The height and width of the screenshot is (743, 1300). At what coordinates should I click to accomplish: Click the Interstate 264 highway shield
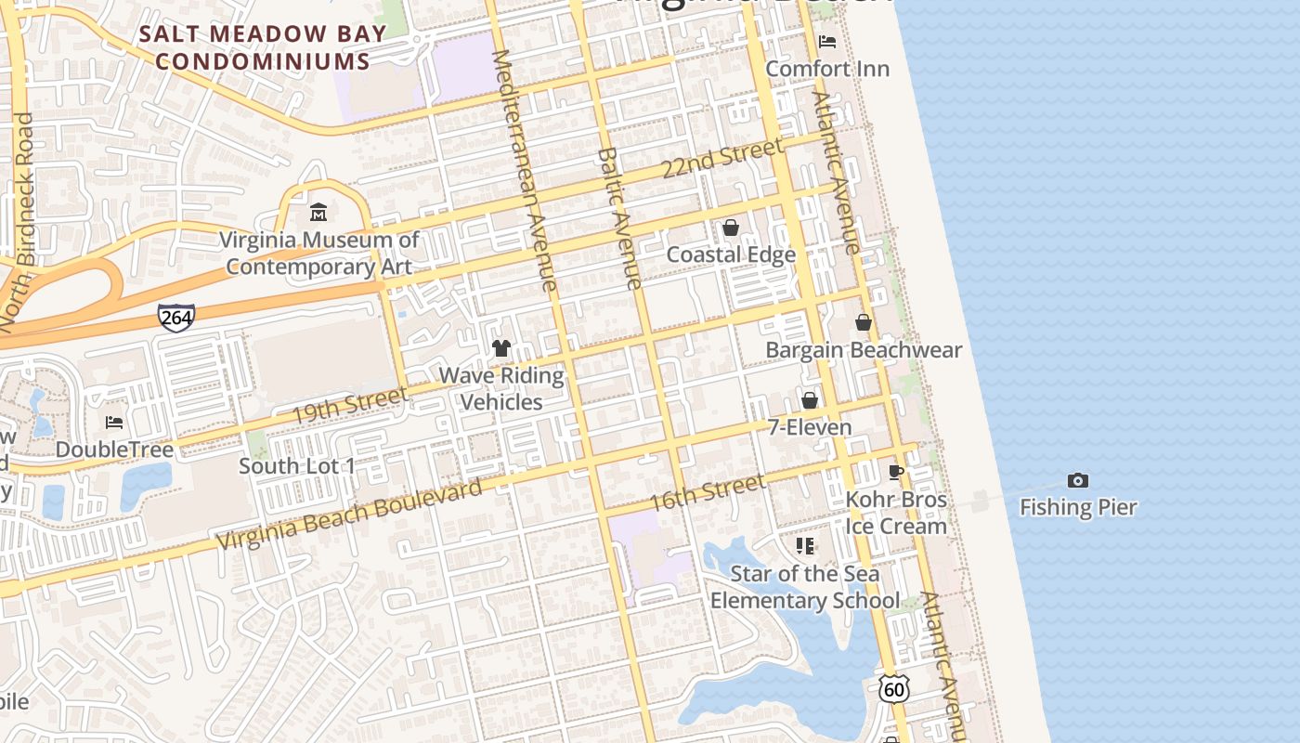point(175,318)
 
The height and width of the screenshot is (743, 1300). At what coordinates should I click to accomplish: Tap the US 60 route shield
point(893,688)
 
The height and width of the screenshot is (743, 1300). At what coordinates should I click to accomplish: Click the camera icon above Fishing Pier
point(1077,480)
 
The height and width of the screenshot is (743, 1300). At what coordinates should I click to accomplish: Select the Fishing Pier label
point(1078,507)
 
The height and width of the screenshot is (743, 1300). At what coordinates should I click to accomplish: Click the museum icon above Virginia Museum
point(318,213)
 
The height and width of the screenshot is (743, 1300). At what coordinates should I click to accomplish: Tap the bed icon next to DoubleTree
point(114,423)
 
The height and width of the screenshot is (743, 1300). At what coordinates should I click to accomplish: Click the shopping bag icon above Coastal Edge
point(731,228)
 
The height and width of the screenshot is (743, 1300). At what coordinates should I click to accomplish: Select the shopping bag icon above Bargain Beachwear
point(863,322)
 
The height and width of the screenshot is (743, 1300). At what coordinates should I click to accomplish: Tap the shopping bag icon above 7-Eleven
point(809,400)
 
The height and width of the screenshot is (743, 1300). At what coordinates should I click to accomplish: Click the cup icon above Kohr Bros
point(896,472)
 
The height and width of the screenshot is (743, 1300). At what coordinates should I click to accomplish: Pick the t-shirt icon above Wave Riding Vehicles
point(501,348)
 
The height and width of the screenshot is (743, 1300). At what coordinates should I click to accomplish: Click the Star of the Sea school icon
point(805,546)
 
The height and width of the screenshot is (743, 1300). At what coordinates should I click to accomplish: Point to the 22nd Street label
point(721,158)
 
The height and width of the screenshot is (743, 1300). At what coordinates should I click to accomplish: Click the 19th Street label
point(349,406)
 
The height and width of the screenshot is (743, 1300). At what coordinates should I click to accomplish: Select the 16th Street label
point(707,492)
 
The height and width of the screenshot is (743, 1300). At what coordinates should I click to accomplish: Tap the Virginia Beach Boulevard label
point(349,515)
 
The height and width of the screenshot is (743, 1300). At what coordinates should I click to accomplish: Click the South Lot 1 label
point(297,466)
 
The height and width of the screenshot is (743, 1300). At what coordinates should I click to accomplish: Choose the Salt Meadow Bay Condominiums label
point(263,48)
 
